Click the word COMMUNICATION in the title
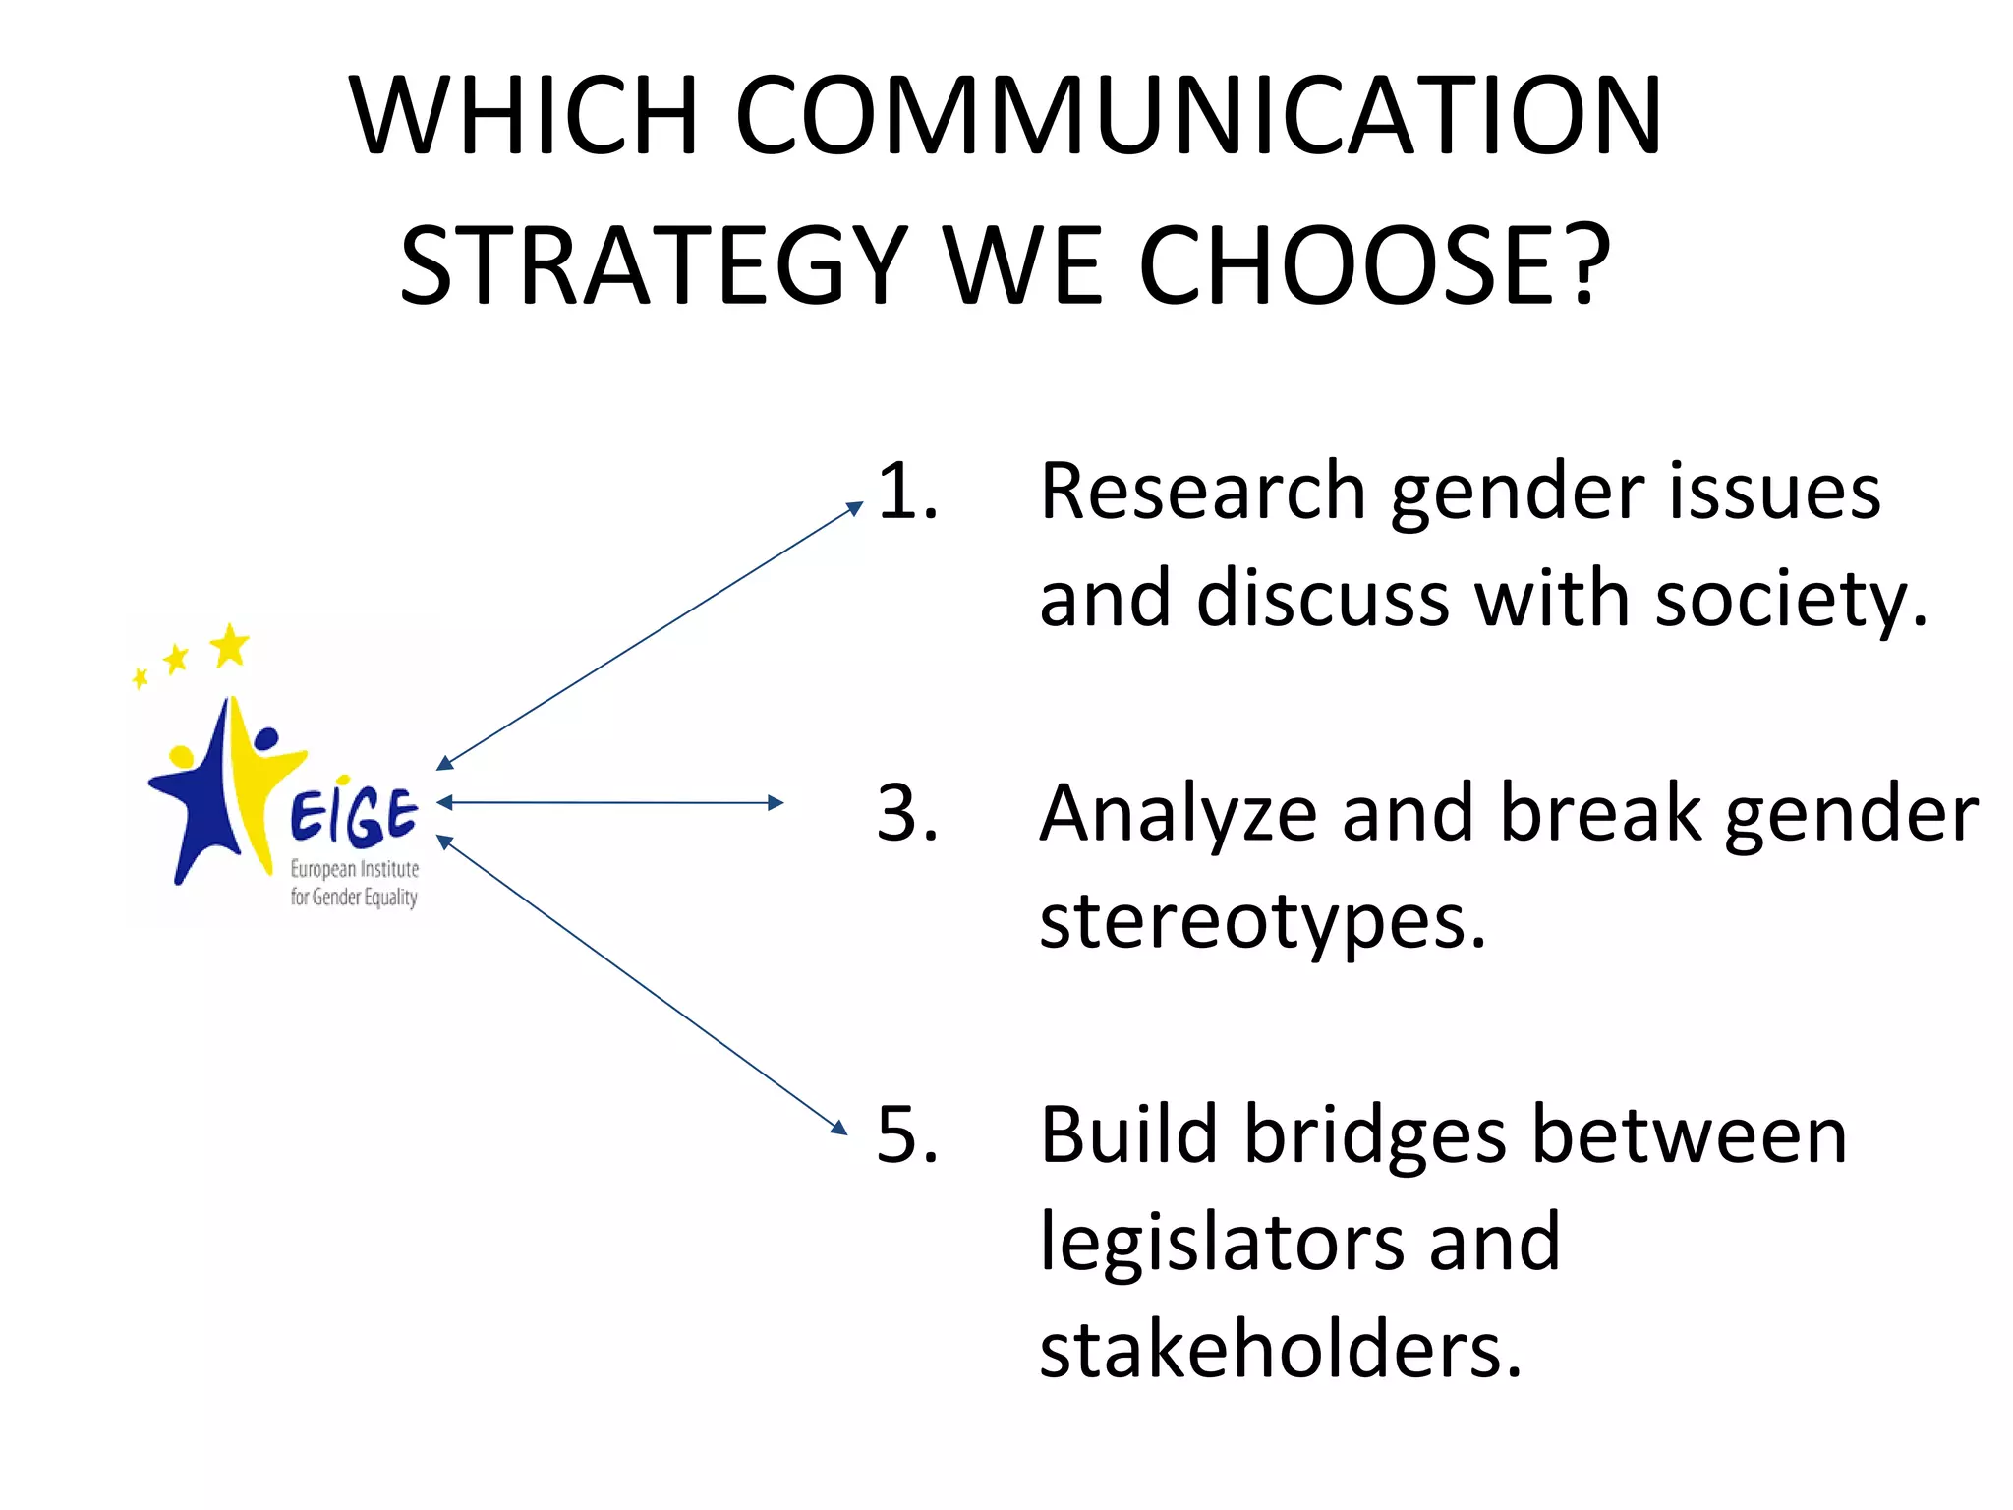click(x=1197, y=115)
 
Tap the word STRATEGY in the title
click(x=654, y=266)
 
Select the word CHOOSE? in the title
click(x=1374, y=266)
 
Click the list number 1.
click(x=906, y=491)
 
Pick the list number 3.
click(x=906, y=814)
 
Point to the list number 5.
click(x=906, y=1135)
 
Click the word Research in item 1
click(x=1203, y=491)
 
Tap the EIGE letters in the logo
click(x=354, y=816)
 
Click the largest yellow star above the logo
click(x=230, y=645)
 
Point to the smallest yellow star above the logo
click(x=141, y=678)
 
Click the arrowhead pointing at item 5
click(x=838, y=1128)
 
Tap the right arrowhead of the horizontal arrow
click(x=776, y=803)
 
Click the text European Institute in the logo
click(x=354, y=869)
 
